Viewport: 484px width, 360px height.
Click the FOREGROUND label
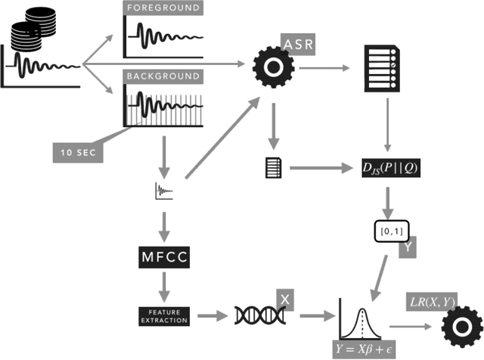[x=163, y=8]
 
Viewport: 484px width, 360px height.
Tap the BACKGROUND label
[x=163, y=76]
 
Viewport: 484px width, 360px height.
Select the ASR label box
[x=297, y=44]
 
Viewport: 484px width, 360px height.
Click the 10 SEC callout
[x=76, y=151]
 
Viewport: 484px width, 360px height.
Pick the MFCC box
[x=162, y=258]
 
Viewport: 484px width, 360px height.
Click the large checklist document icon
[x=381, y=67]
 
